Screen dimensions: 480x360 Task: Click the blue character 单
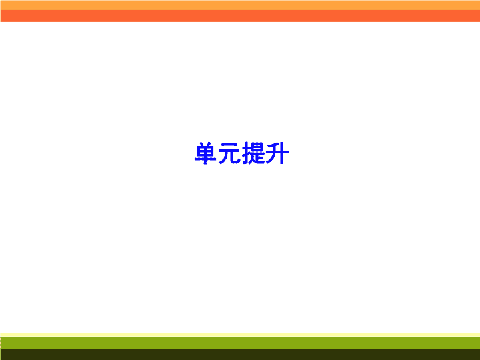click(x=206, y=153)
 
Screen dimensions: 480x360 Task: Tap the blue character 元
click(x=229, y=153)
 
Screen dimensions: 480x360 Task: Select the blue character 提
click(x=253, y=153)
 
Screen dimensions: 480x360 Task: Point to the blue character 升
click(x=277, y=153)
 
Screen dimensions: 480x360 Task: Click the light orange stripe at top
click(x=240, y=5)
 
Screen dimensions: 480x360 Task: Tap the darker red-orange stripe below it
click(x=240, y=16)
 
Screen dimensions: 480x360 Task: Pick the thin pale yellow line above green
click(x=240, y=335)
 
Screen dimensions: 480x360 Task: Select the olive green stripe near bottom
click(x=240, y=343)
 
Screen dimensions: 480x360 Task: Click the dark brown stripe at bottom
click(x=240, y=355)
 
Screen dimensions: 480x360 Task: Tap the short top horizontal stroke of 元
click(x=229, y=145)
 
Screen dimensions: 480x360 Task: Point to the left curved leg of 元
click(x=224, y=157)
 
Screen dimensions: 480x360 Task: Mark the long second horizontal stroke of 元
click(x=229, y=151)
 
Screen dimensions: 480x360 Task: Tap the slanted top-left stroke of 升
click(x=273, y=145)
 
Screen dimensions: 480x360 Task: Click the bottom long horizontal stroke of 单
click(x=206, y=159)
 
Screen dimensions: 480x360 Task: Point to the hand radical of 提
click(x=246, y=153)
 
